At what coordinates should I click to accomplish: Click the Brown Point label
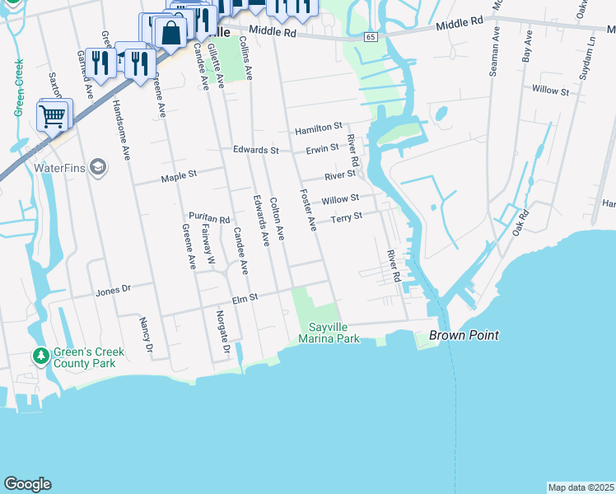point(463,336)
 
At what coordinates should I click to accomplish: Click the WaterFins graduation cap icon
point(98,167)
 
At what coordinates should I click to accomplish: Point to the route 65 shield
point(371,37)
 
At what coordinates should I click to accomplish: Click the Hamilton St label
point(318,128)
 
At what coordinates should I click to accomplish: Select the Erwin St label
point(322,148)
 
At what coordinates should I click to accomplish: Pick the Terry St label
point(346,217)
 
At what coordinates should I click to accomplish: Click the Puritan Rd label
point(208,218)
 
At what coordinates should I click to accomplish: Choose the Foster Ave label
point(308,211)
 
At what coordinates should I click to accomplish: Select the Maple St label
point(180,175)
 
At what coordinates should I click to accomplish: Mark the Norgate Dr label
point(222,329)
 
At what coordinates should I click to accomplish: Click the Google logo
point(27,484)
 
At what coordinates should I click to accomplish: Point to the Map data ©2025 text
point(581,487)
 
